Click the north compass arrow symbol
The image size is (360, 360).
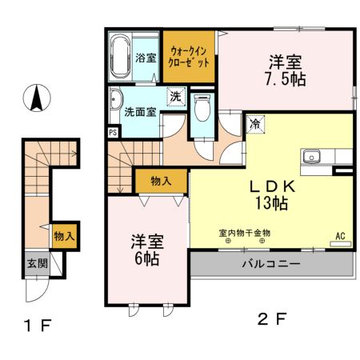[36, 98]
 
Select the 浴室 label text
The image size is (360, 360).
[145, 58]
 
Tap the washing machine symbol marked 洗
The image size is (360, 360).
[174, 96]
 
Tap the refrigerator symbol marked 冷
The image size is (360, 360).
[254, 124]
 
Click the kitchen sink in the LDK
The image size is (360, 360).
[311, 156]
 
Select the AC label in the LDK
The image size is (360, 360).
[339, 237]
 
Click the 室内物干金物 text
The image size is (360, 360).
[245, 234]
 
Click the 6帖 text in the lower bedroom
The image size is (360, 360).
[146, 258]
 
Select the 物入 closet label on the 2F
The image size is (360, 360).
[161, 182]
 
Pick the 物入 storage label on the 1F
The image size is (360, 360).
[65, 236]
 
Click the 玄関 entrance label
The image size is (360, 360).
[37, 264]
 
